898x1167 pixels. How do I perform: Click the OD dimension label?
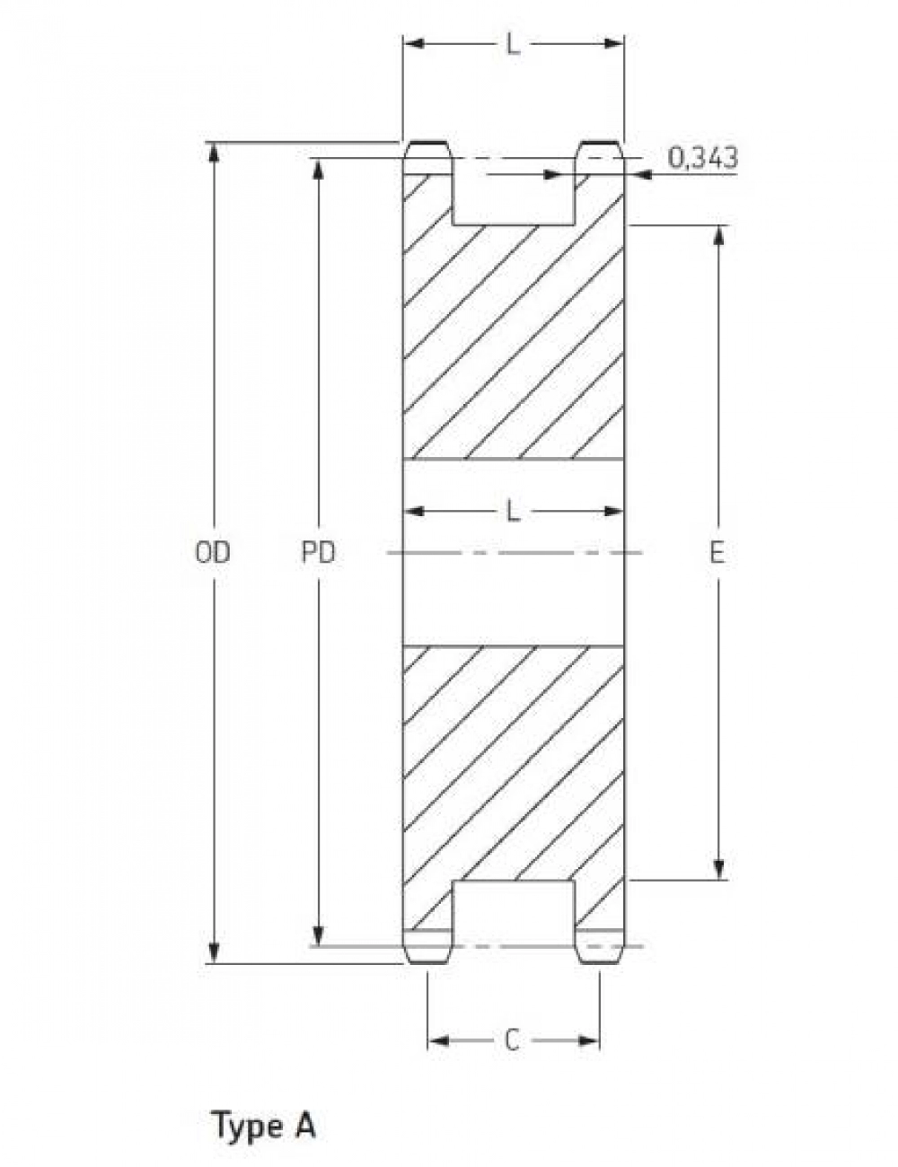point(213,552)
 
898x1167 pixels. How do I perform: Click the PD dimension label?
point(318,552)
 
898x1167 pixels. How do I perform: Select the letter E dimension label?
point(717,552)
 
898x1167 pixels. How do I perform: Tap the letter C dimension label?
point(513,1040)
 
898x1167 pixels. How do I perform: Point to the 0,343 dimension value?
point(703,158)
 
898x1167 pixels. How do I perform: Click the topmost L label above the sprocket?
point(514,45)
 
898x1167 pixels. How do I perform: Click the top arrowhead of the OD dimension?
point(215,152)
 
